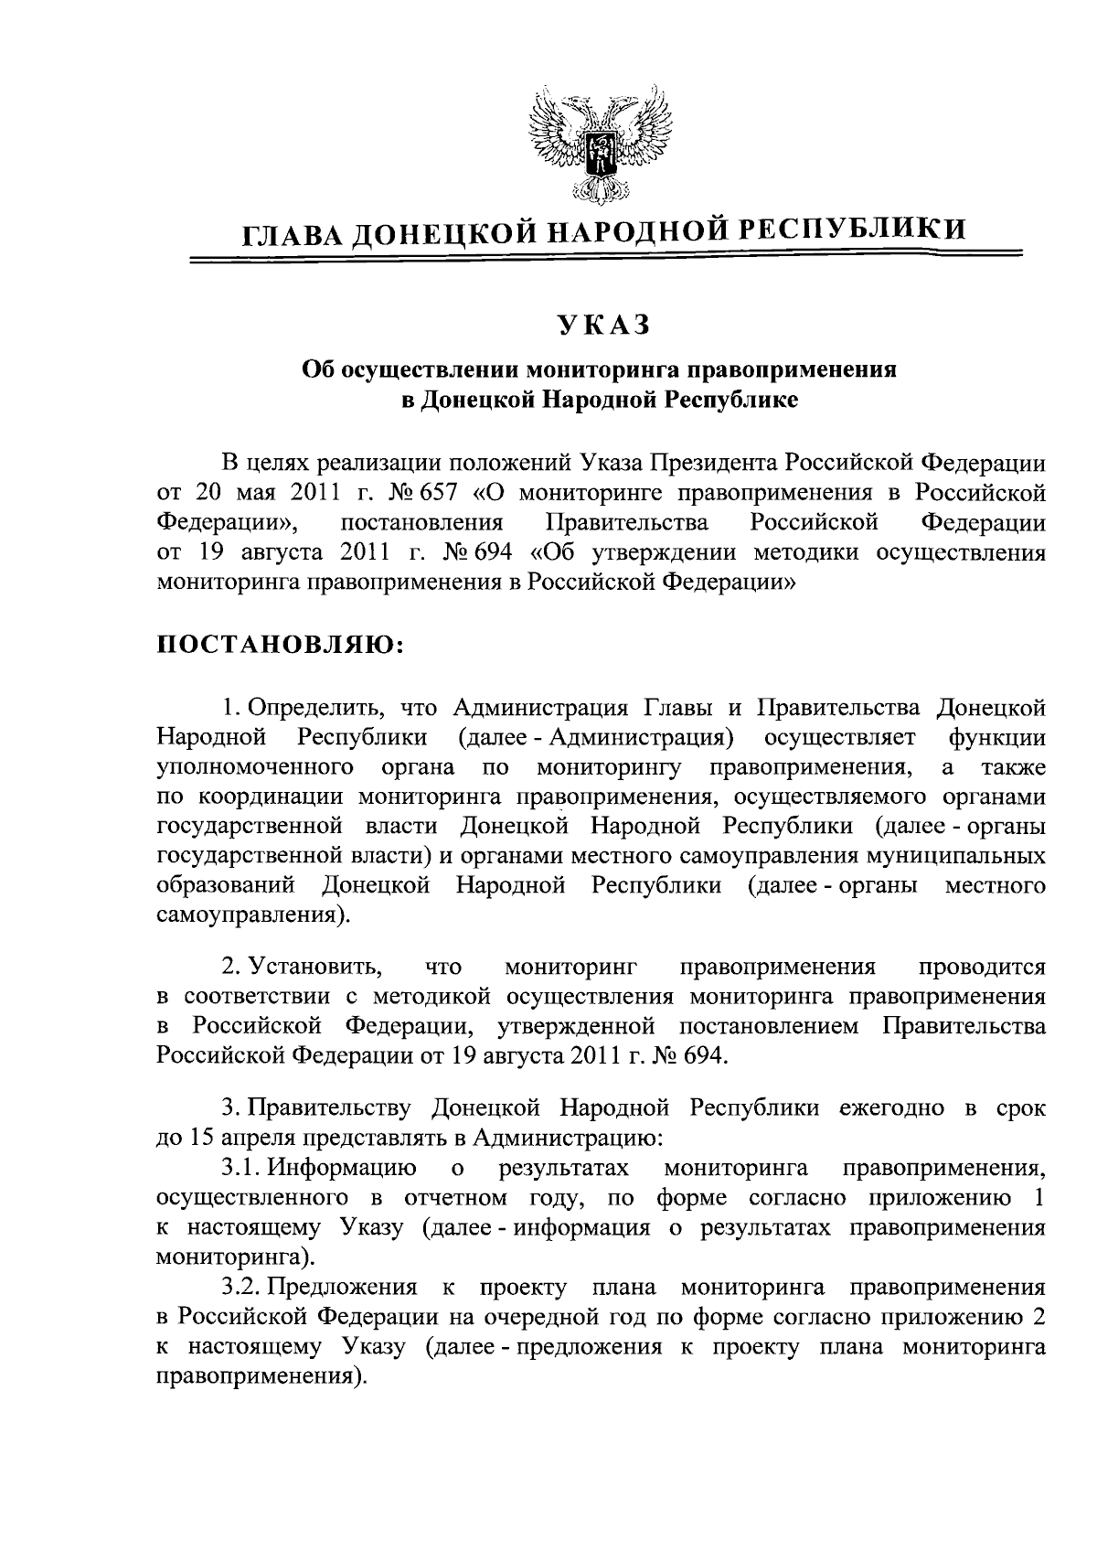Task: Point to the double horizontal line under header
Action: (602, 262)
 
